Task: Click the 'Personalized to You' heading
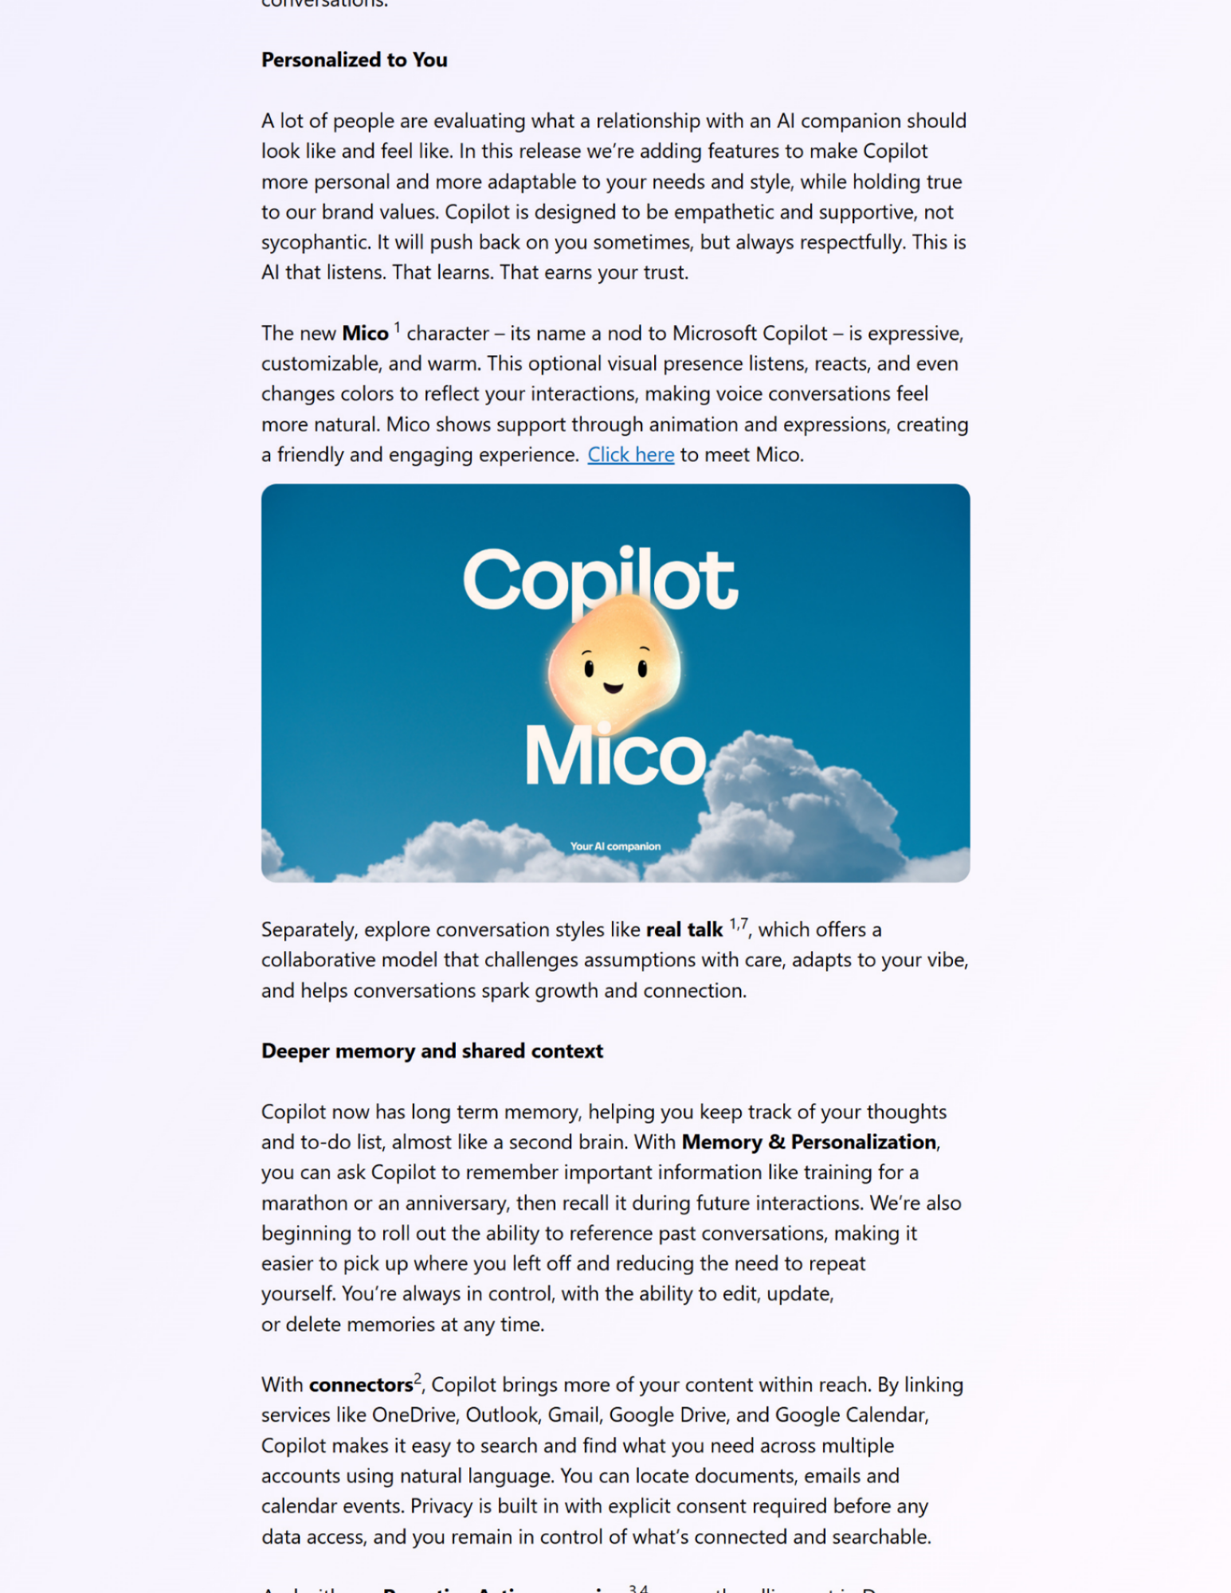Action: click(x=354, y=61)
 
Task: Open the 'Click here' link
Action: click(x=630, y=455)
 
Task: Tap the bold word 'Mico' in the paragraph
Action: click(x=365, y=334)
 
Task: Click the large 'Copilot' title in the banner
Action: click(x=600, y=579)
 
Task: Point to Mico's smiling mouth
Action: click(x=613, y=687)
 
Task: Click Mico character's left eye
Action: click(x=589, y=667)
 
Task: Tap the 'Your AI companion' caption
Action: click(x=615, y=847)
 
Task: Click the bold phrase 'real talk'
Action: click(x=684, y=930)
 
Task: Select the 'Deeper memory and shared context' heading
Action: click(x=432, y=1051)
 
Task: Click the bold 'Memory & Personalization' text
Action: click(x=809, y=1142)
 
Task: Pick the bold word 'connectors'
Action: click(x=360, y=1385)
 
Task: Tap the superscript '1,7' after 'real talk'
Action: click(x=739, y=924)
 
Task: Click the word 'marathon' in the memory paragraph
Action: click(x=304, y=1204)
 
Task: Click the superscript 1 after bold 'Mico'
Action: click(x=397, y=327)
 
